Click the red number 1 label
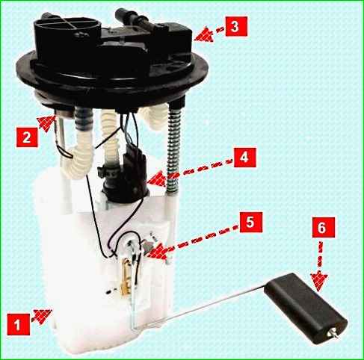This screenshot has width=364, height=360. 19,324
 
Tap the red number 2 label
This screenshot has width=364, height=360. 27,137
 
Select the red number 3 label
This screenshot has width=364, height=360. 236,26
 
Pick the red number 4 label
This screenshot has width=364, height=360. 244,158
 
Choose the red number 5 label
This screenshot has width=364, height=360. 251,222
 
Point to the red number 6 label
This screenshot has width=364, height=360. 324,227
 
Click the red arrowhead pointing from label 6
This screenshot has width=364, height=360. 319,282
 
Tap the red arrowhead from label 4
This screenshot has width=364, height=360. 156,179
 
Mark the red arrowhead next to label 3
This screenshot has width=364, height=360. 204,34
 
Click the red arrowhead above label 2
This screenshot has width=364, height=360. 46,122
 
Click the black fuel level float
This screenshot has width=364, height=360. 306,308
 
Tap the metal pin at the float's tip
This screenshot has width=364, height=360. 333,333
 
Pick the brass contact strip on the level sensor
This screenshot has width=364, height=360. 126,276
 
